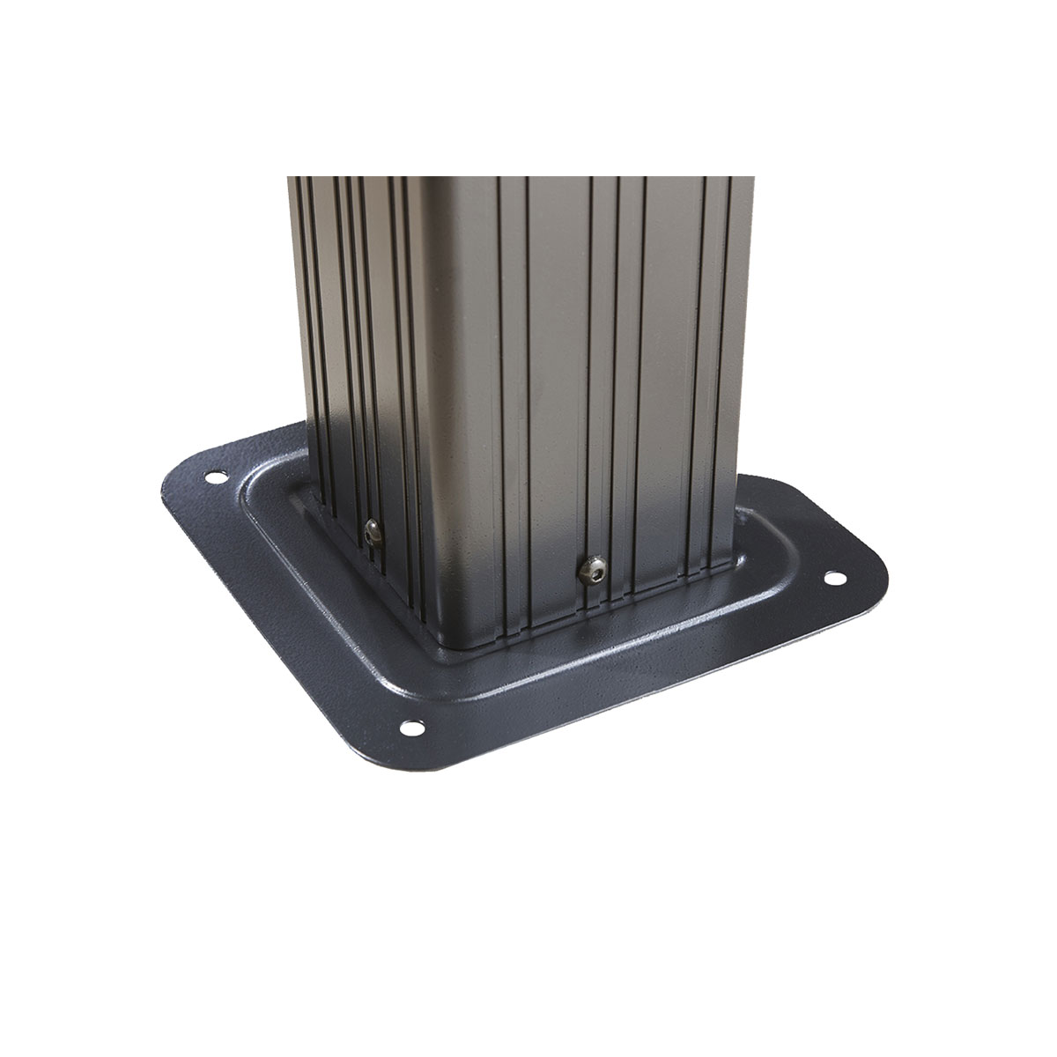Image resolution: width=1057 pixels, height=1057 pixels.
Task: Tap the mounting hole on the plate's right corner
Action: pyautogui.click(x=832, y=579)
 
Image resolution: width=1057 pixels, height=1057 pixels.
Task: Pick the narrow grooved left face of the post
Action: pyautogui.click(x=361, y=352)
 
